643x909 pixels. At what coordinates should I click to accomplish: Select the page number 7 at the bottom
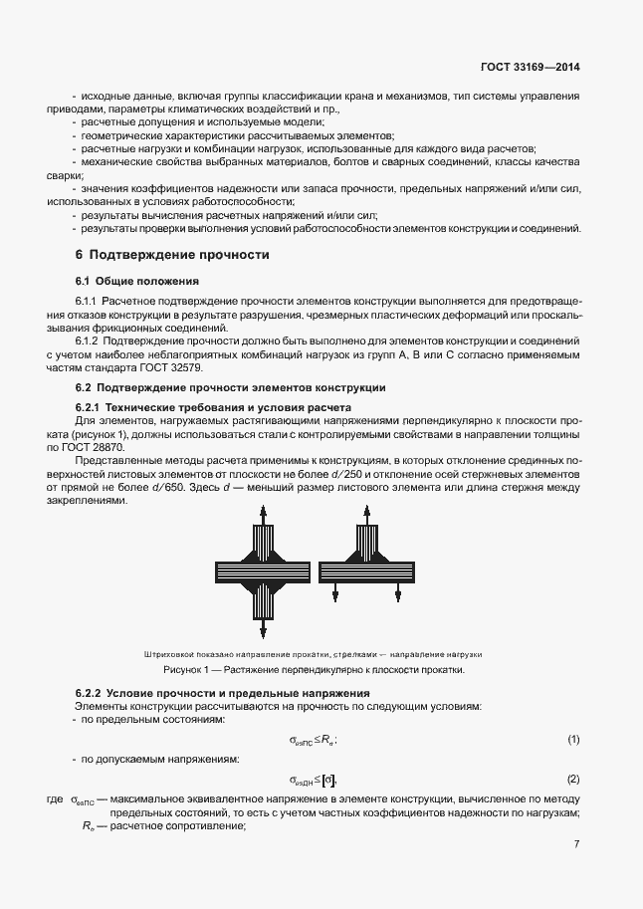tap(576, 844)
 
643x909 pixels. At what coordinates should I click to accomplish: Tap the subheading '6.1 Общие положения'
tap(137, 281)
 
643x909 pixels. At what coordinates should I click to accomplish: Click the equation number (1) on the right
tap(573, 740)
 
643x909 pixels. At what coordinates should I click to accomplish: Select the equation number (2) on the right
tap(573, 779)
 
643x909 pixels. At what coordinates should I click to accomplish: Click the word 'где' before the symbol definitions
tap(55, 799)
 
